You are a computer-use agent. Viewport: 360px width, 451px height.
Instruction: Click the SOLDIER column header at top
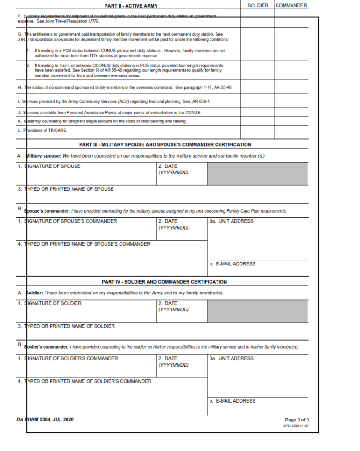[257, 6]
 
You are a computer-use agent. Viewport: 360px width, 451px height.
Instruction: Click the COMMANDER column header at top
[291, 6]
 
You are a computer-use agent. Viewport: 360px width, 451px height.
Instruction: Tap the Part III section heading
[165, 145]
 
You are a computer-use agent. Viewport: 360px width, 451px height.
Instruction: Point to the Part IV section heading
[164, 282]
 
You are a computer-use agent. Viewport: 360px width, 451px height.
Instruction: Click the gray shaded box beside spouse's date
[258, 173]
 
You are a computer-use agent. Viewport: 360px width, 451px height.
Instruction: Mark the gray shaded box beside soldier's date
[258, 310]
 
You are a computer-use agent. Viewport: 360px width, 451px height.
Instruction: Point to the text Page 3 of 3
[297, 420]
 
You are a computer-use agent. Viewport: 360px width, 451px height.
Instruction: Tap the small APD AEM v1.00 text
[296, 426]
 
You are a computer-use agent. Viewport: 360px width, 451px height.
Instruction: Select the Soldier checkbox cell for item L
[257, 130]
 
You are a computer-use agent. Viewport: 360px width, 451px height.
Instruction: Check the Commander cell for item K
[291, 121]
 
